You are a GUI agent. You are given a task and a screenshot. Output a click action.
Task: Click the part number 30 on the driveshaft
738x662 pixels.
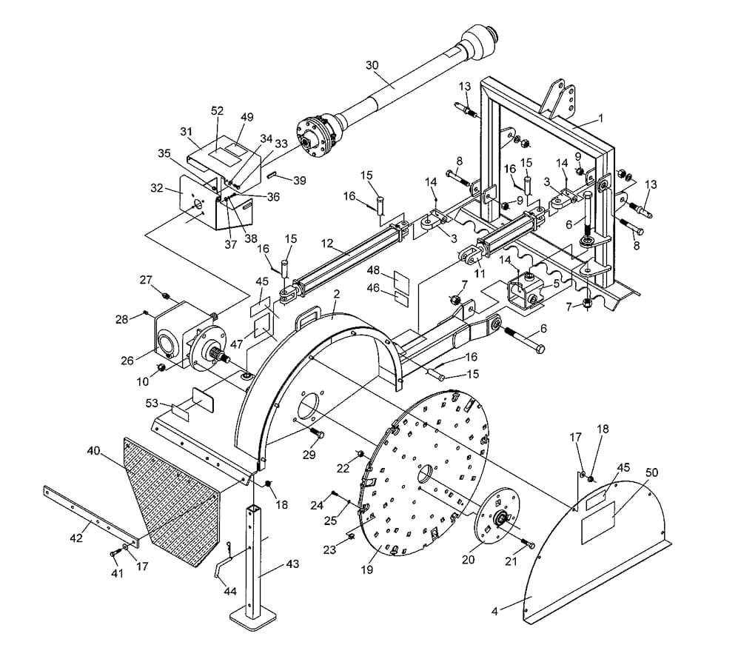[372, 65]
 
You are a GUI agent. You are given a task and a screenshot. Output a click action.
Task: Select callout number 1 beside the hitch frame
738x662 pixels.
[601, 118]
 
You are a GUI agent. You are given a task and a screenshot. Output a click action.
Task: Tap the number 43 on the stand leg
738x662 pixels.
[292, 565]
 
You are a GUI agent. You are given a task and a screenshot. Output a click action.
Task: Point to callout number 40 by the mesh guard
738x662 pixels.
[93, 450]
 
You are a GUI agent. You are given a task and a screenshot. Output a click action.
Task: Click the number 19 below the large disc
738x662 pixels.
[368, 569]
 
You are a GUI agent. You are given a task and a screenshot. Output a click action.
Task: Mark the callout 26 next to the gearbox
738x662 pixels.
[127, 361]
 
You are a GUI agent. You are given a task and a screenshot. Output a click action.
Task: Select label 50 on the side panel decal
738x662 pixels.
[651, 472]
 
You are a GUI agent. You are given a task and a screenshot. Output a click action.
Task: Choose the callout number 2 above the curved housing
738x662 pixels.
[336, 294]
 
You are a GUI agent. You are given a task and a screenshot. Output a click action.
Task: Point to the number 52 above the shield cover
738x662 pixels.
[217, 110]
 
